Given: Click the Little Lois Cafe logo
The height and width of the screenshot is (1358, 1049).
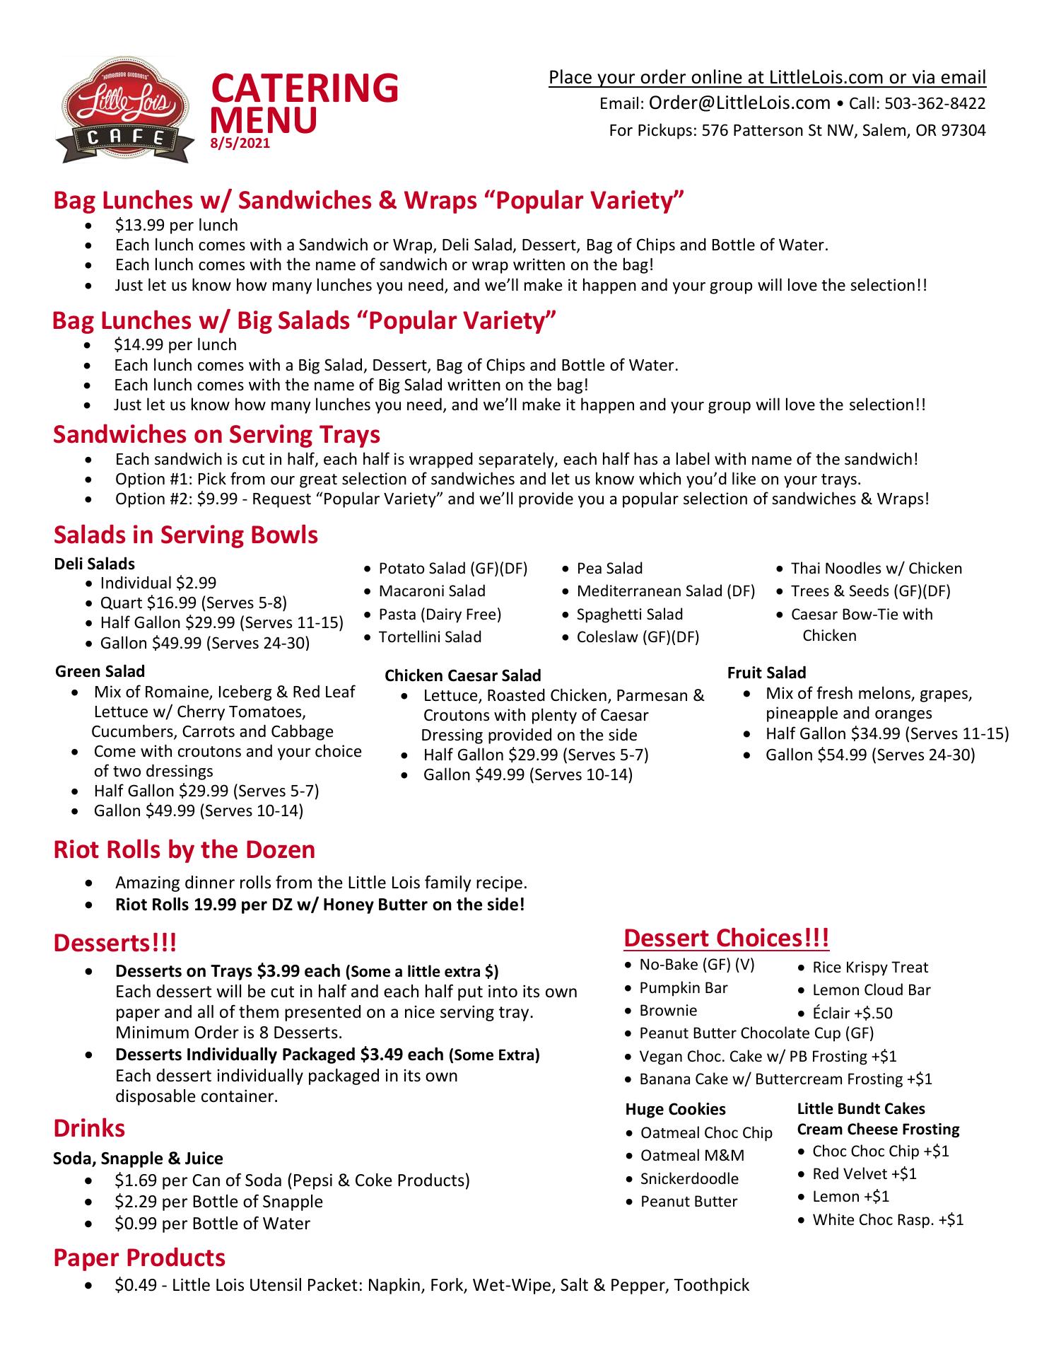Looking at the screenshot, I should tap(124, 111).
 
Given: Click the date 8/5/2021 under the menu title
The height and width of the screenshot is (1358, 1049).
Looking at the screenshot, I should tap(240, 144).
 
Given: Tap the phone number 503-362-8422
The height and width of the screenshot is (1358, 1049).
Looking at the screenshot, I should tap(934, 104).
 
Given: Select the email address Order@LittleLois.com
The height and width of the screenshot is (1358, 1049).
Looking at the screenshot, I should tap(739, 103).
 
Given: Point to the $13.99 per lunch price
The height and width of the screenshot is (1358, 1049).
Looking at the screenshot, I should tap(177, 226).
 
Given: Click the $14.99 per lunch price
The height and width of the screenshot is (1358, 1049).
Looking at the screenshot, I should tap(175, 345).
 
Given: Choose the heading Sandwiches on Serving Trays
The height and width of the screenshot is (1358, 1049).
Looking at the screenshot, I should tap(216, 434).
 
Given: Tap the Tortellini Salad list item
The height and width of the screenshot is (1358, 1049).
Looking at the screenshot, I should tap(430, 637).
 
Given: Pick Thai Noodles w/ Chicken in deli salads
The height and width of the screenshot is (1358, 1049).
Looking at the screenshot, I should tap(876, 569).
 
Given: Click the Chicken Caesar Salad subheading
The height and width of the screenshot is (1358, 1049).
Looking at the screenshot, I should tap(462, 675).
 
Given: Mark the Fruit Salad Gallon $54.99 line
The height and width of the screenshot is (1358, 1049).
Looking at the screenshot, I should tap(869, 755).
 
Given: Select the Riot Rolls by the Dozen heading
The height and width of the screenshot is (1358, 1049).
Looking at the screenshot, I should tap(184, 849).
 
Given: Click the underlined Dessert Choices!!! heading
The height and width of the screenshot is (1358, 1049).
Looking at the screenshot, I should tap(726, 939).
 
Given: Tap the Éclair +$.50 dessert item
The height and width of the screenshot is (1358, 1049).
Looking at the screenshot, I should tap(852, 1013).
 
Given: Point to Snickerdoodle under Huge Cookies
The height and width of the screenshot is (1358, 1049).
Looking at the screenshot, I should tap(689, 1179).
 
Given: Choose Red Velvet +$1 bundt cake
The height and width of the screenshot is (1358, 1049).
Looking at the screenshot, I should tap(864, 1174).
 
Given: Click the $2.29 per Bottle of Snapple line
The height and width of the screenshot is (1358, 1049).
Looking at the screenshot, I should tap(218, 1202).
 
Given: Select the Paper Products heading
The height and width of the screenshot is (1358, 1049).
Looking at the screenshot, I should tap(139, 1258).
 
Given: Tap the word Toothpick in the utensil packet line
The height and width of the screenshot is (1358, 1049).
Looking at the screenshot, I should tap(711, 1285).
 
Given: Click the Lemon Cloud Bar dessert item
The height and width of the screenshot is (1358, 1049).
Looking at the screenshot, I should tap(871, 990).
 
